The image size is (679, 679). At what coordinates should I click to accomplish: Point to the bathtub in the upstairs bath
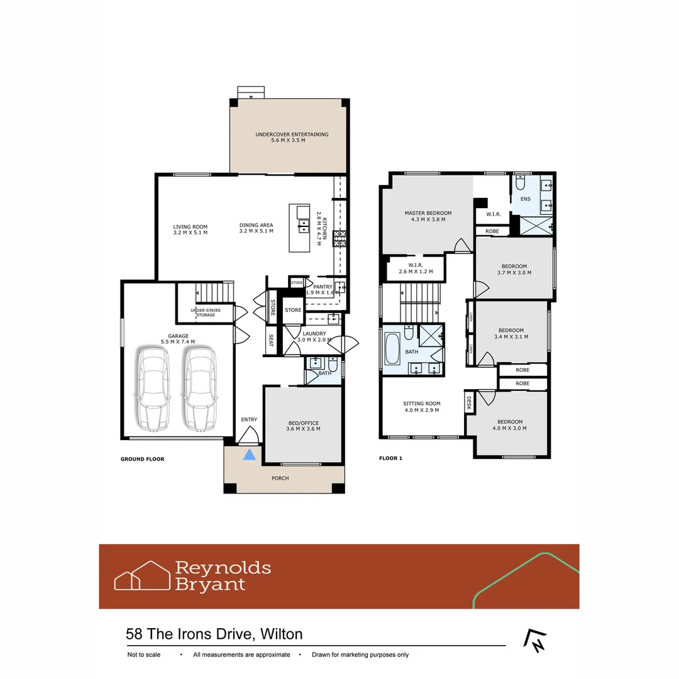click(x=392, y=350)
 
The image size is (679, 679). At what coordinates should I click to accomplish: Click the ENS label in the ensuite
click(x=525, y=199)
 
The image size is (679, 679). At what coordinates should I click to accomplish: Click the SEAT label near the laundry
click(x=271, y=340)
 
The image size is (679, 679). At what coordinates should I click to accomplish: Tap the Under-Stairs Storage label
click(x=202, y=312)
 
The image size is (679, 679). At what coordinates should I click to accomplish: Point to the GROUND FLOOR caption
click(x=142, y=459)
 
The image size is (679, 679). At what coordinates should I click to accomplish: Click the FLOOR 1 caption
click(x=390, y=458)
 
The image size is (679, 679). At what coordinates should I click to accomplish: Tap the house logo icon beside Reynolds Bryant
click(x=142, y=575)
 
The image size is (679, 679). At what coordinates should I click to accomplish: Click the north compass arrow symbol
click(x=534, y=640)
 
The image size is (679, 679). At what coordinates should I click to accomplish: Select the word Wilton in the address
click(x=281, y=634)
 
